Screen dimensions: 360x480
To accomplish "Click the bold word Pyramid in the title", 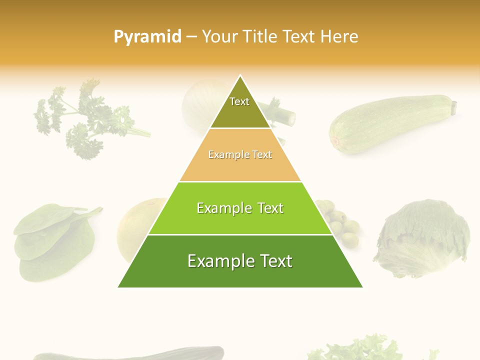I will (147, 37).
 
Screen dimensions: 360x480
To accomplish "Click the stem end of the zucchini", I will (454, 106).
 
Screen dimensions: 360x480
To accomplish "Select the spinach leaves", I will (50, 240).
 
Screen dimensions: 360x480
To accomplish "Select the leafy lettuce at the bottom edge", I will (360, 350).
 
